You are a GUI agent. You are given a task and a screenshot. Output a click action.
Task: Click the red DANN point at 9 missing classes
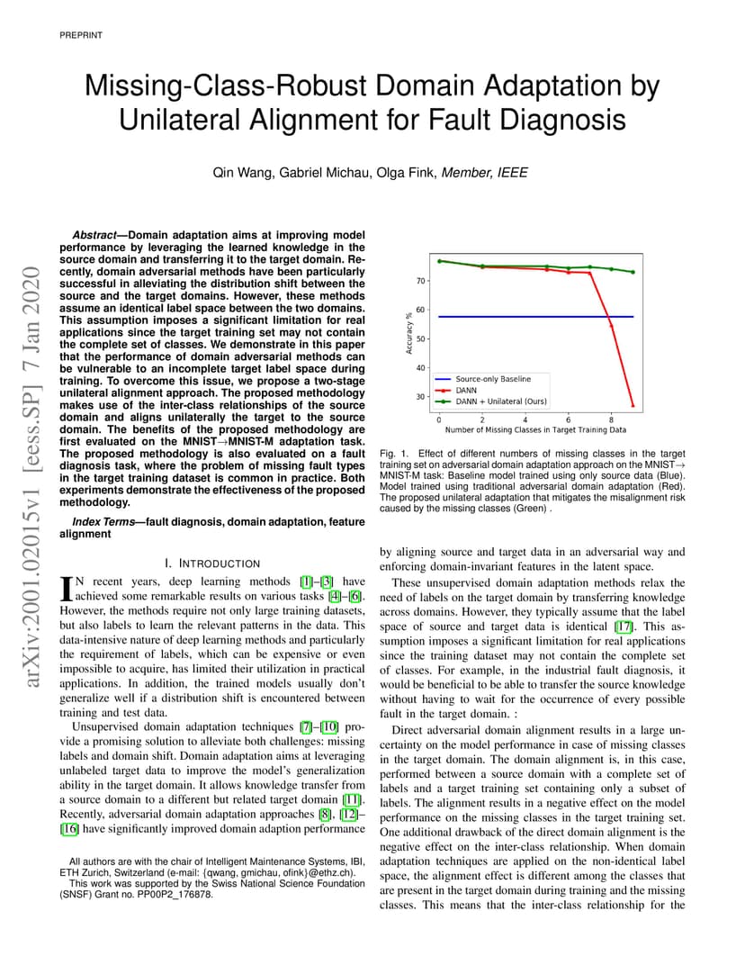tap(633, 406)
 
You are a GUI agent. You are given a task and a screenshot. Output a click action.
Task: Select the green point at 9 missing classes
tap(633, 272)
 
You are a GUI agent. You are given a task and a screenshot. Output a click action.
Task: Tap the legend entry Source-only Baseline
tap(493, 379)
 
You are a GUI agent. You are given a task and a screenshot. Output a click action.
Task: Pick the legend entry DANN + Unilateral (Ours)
tap(501, 401)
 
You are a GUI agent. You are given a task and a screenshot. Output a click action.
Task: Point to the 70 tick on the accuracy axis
tap(421, 281)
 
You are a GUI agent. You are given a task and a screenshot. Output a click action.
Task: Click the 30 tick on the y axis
tap(421, 397)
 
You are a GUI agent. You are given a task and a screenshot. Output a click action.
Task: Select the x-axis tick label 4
tap(525, 419)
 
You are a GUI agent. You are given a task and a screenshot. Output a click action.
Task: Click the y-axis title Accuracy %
tap(408, 334)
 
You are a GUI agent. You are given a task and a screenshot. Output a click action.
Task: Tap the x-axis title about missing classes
tap(535, 429)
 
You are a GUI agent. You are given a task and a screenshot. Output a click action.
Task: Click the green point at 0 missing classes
tap(439, 261)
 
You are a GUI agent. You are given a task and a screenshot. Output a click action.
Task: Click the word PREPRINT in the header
tap(81, 35)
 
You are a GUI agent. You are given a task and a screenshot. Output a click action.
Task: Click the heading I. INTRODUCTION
tap(212, 564)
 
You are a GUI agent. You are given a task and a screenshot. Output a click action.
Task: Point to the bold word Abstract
tap(94, 235)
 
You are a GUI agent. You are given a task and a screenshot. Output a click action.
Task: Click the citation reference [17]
tap(624, 627)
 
